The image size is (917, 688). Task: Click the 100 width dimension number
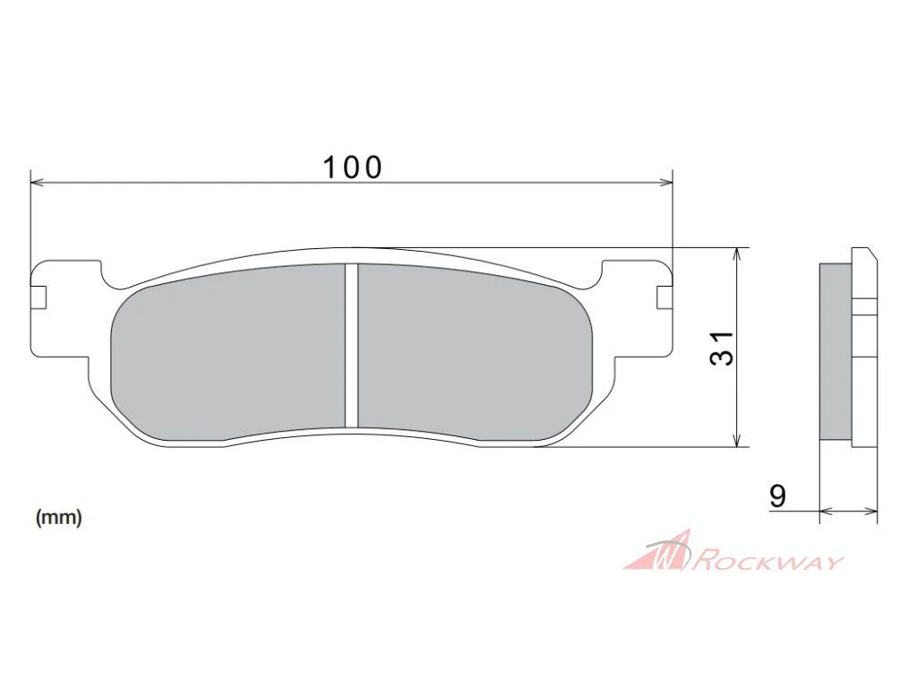pos(353,168)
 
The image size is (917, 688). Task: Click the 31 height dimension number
pos(722,348)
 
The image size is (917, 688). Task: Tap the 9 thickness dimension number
pos(777,496)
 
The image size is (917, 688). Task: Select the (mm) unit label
pos(58,517)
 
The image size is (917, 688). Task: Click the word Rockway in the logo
pos(770,563)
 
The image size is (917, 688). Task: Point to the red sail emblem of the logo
pos(657,550)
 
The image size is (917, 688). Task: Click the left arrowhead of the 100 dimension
pos(37,183)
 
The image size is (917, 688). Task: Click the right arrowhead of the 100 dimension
pos(666,183)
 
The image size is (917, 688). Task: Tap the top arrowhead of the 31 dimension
pos(740,254)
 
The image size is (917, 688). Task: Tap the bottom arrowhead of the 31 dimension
pos(740,440)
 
